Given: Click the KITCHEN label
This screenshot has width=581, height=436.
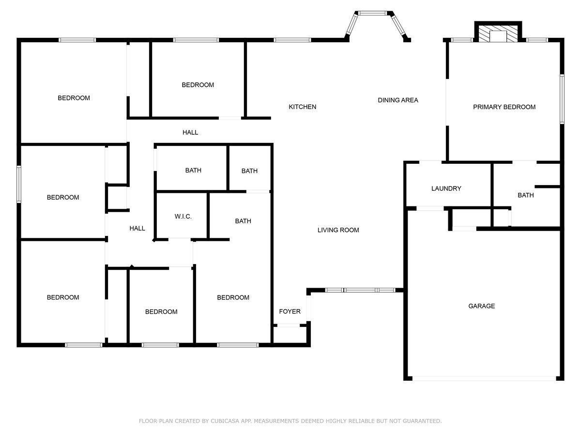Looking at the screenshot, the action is [302, 107].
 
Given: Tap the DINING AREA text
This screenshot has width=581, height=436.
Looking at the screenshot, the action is [398, 100].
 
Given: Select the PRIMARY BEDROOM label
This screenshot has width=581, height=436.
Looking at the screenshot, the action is [504, 107].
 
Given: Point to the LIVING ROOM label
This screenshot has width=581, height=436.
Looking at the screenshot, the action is [338, 230].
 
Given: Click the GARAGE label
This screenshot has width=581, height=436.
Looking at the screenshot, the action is [481, 306].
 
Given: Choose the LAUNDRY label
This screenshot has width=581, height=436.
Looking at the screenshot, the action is [446, 188].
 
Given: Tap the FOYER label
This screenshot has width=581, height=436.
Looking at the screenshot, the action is [290, 311].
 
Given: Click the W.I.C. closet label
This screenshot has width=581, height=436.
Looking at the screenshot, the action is [183, 217].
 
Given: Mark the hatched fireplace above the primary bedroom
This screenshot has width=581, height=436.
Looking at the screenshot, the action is [498, 33].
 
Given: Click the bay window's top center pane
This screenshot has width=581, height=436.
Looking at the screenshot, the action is [373, 13].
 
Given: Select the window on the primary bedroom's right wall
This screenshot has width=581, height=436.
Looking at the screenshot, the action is [562, 99].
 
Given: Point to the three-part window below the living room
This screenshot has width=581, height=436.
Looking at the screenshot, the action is [360, 290].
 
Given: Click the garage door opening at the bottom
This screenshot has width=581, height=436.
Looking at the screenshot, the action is [484, 378].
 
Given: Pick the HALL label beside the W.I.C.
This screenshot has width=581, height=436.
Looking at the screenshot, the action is [137, 228].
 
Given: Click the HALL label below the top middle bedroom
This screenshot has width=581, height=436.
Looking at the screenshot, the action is [190, 132].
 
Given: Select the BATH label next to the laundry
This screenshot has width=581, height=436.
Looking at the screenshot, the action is [526, 195].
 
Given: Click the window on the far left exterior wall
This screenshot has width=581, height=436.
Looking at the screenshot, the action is [19, 184].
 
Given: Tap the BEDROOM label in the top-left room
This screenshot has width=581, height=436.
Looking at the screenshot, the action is [74, 98].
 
